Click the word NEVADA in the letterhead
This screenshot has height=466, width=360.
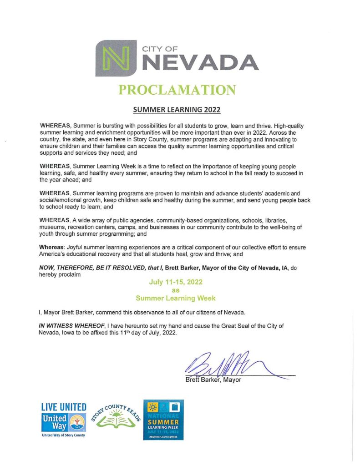[x=200, y=62]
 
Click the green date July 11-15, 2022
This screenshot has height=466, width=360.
[x=177, y=282]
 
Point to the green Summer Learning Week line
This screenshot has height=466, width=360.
[x=177, y=299]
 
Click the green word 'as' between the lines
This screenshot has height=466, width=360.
[x=177, y=290]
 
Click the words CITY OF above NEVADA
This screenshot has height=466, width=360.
[x=159, y=48]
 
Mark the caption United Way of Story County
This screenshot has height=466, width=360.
[x=63, y=436]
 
